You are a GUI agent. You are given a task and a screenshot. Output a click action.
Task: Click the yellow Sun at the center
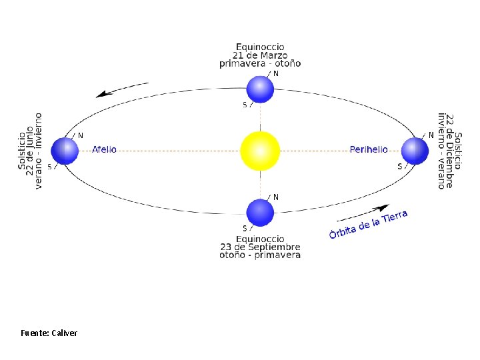(x=259, y=150)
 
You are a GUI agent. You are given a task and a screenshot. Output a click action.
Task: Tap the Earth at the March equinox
(x=260, y=89)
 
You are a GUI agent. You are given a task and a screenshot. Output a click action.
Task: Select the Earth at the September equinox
(x=260, y=213)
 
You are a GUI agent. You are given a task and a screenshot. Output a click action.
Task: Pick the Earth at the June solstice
(x=65, y=151)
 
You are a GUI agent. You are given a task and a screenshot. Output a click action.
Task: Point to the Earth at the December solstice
(x=414, y=151)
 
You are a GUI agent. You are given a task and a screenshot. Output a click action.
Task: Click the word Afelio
(x=104, y=149)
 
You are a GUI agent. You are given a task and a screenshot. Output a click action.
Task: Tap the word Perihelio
(x=369, y=149)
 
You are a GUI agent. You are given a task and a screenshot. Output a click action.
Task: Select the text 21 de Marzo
(x=260, y=55)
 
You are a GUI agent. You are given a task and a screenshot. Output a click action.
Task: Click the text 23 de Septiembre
(x=260, y=247)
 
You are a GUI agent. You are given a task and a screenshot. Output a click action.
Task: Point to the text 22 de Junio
(x=30, y=151)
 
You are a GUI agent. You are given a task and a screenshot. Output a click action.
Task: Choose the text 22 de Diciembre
(x=450, y=151)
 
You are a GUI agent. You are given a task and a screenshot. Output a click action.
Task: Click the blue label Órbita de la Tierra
(x=368, y=224)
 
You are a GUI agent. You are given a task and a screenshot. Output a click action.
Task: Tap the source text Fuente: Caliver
(x=49, y=332)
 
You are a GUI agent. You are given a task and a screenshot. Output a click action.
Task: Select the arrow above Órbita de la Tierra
(x=363, y=212)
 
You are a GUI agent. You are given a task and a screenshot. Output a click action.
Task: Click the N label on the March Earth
(x=276, y=74)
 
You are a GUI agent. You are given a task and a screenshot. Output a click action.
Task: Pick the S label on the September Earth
(x=245, y=229)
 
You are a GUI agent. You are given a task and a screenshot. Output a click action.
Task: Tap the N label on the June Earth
(x=81, y=135)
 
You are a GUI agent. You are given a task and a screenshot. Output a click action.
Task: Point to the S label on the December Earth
(x=399, y=167)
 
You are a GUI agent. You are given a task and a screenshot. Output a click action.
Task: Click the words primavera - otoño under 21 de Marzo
(x=260, y=63)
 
